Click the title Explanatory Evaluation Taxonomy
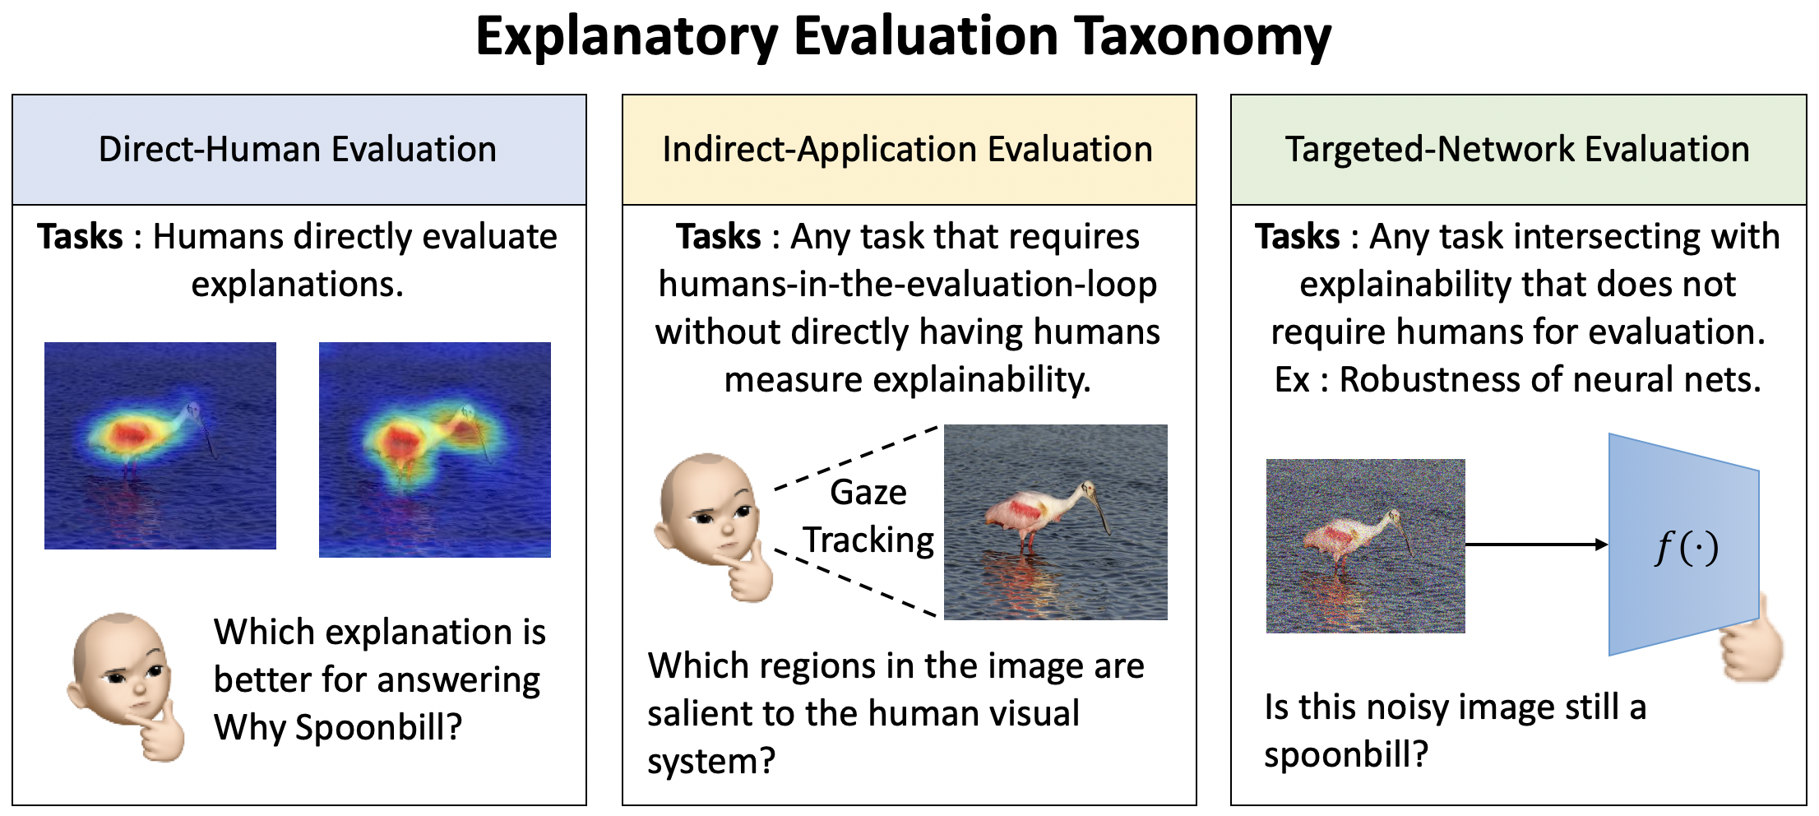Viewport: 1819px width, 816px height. point(903,37)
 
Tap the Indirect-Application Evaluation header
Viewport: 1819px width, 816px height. point(909,150)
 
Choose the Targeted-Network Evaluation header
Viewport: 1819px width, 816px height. point(1518,150)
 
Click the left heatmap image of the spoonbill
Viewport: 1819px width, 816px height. point(160,445)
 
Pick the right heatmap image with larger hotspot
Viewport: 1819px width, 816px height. point(435,449)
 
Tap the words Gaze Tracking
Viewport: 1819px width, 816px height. point(868,516)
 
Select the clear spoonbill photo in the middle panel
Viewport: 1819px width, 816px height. point(1056,522)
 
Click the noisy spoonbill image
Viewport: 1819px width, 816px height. point(1366,545)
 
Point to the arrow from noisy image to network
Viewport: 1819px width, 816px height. point(1537,544)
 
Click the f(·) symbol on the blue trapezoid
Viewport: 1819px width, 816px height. point(1687,547)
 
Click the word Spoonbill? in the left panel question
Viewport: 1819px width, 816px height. point(378,727)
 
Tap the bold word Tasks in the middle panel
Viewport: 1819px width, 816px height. point(719,237)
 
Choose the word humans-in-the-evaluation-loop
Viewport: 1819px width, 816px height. point(908,285)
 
